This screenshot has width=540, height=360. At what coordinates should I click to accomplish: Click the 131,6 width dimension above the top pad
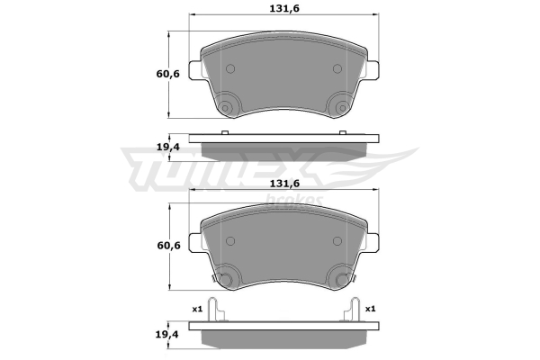284,8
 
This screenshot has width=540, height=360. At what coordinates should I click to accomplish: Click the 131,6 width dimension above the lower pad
284,184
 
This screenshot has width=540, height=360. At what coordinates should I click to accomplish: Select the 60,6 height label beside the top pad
168,74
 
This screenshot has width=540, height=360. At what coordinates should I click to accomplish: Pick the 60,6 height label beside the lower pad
169,246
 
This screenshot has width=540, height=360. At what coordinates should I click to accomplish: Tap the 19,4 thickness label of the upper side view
168,147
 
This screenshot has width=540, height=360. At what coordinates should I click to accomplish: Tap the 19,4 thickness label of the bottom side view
167,334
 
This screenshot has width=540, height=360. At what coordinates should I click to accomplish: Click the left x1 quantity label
197,309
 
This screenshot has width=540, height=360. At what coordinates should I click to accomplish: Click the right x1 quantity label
370,309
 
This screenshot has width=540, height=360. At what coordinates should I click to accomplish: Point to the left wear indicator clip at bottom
216,310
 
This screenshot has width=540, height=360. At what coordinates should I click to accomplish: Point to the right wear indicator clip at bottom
352,310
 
